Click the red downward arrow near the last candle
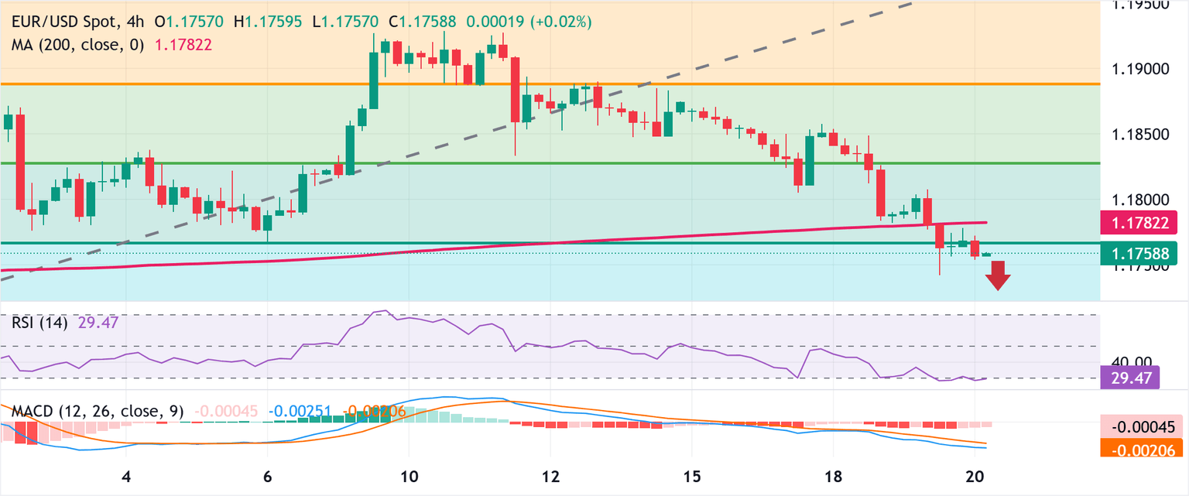[x=999, y=275]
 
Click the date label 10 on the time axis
[x=409, y=474]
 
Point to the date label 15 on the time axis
[x=692, y=474]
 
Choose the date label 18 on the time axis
[x=834, y=474]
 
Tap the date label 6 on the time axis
[x=267, y=474]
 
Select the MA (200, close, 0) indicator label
[x=78, y=45]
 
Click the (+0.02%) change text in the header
[x=560, y=22]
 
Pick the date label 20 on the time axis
[x=975, y=474]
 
